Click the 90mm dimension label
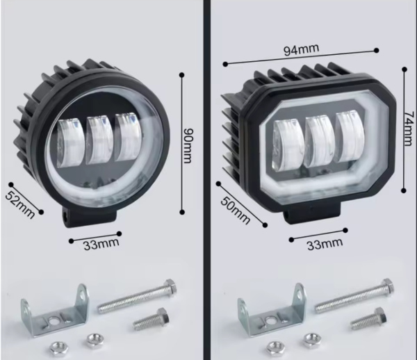(x=188, y=146)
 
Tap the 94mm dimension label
(x=301, y=50)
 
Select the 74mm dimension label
(x=409, y=129)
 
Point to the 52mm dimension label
(x=20, y=204)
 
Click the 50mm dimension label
(x=236, y=211)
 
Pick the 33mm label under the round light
(x=101, y=244)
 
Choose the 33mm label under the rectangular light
(x=325, y=244)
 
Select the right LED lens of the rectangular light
(x=350, y=138)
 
